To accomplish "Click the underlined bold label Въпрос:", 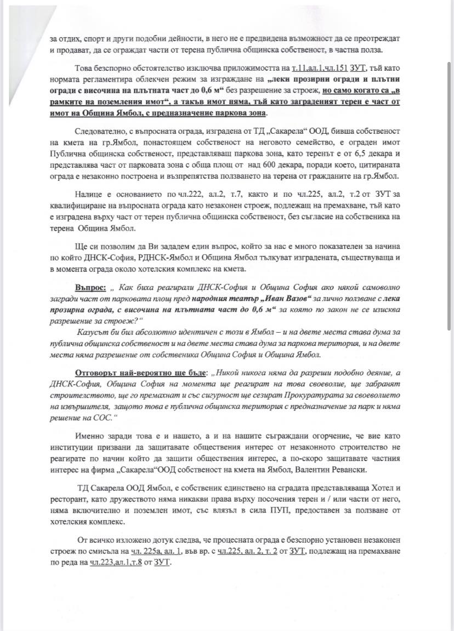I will (x=90, y=287).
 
